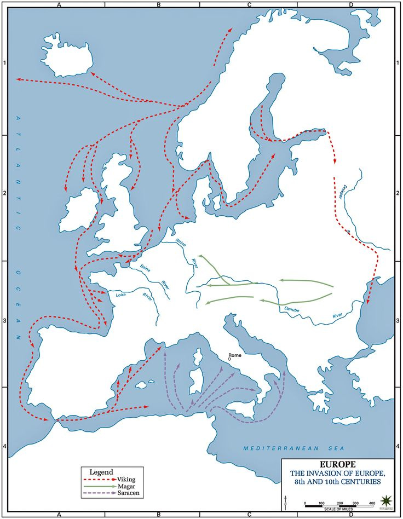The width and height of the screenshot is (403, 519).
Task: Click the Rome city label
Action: pos(234,356)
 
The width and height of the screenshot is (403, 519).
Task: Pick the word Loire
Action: pos(121,295)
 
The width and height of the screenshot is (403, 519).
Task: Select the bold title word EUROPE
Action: pos(338,464)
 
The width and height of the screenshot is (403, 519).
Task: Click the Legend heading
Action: pos(101,471)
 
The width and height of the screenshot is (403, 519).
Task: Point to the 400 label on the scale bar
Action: pos(372,503)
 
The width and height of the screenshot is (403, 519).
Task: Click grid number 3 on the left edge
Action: pos(5,321)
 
